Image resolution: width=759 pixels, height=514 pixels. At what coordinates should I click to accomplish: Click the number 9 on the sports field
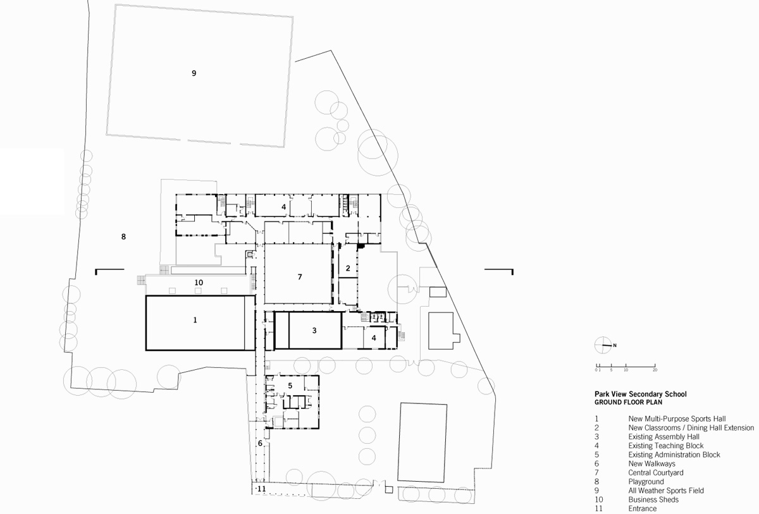pos(194,73)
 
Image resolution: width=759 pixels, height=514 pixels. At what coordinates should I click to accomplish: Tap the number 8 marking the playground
pos(123,237)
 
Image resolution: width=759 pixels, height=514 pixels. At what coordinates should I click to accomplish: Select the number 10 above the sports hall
pos(198,283)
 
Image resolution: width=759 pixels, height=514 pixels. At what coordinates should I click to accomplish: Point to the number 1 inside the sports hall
pos(195,321)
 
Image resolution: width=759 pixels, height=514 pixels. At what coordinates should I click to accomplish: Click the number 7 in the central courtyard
pos(300,277)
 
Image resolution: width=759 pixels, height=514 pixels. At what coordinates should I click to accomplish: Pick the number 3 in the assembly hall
pos(314,331)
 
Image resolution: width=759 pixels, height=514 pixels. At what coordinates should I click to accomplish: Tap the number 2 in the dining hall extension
pos(348,268)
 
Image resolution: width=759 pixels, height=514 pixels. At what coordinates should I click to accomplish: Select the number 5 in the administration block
pos(290,386)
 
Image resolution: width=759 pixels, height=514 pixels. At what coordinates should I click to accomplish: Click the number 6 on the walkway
pos(259,443)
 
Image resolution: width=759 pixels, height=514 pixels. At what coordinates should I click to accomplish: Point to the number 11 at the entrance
pos(261,489)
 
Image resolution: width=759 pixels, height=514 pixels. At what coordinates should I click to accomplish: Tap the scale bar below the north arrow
pos(626,366)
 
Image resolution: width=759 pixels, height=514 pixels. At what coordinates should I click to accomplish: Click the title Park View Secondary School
pos(640,395)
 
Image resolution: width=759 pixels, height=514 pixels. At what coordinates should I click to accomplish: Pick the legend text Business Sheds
pos(653,500)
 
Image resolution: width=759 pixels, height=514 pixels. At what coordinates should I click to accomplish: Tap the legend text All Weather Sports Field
pos(666,491)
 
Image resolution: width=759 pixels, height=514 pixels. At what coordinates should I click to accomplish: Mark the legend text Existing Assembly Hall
pos(663,437)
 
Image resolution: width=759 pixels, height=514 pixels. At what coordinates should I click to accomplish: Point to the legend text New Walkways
pos(651,464)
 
